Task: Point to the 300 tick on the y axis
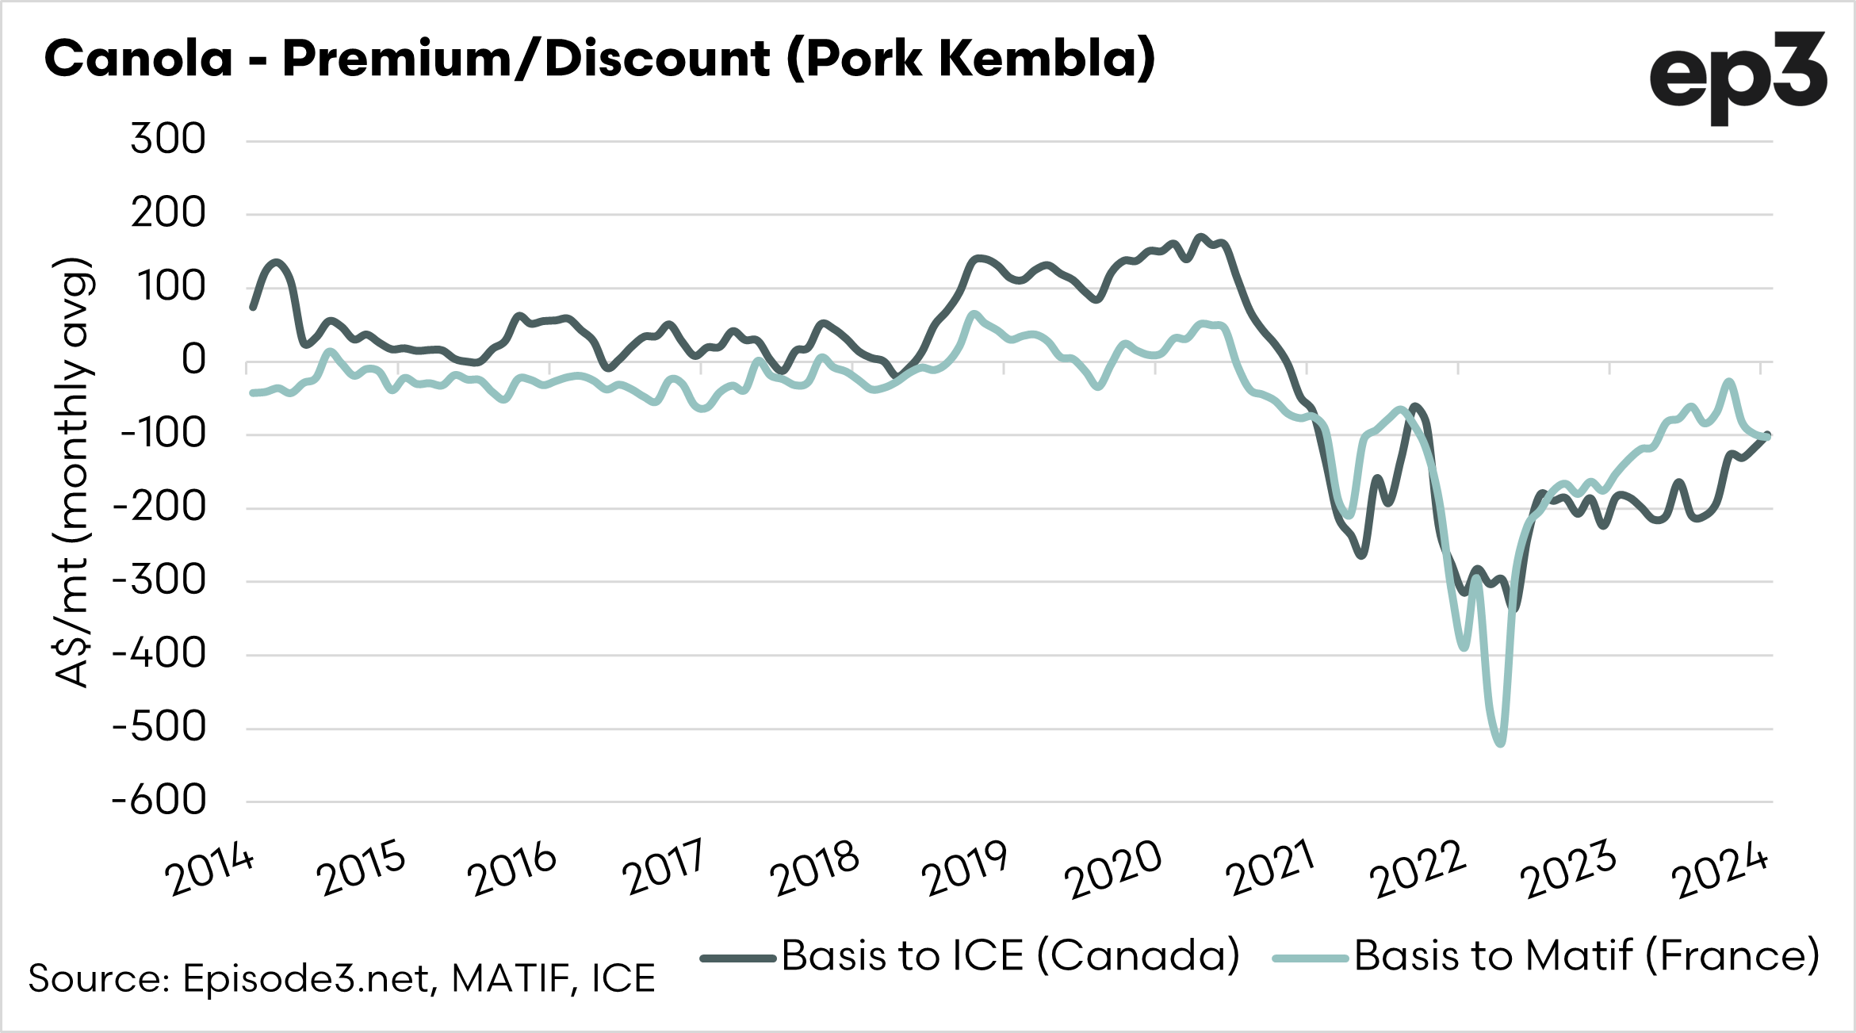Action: (x=168, y=140)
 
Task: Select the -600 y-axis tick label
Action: (x=159, y=801)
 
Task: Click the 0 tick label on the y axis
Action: (x=193, y=361)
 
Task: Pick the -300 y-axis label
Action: (x=159, y=580)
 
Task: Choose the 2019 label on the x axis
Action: (x=966, y=870)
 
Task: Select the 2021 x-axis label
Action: (x=1270, y=870)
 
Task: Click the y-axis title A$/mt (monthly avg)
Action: (x=73, y=473)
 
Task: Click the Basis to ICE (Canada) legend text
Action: (x=1011, y=955)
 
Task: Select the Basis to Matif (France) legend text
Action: (x=1586, y=955)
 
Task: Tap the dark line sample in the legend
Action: (x=738, y=958)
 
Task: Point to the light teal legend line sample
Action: (x=1311, y=958)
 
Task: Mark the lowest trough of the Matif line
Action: (x=1499, y=744)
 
